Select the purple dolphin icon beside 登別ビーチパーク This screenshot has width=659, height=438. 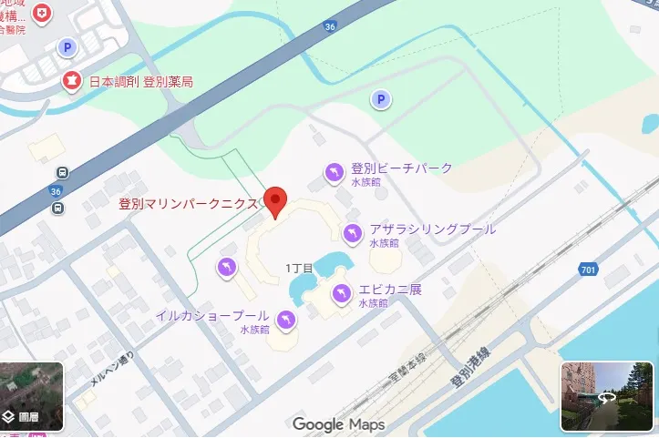pos(335,170)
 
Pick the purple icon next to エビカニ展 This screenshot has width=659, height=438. pos(341,293)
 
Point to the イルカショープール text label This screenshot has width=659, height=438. pos(211,315)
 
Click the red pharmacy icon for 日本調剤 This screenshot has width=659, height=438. pos(72,81)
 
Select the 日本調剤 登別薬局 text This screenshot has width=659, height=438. pos(140,82)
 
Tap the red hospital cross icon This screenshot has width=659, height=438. pos(41,13)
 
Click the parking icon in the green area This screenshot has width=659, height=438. pos(381,99)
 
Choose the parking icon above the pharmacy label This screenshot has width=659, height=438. pos(67,46)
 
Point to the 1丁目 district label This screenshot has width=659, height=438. pos(299,268)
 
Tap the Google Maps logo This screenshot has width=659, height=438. pos(338,424)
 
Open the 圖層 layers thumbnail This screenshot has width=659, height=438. pos(32,396)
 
